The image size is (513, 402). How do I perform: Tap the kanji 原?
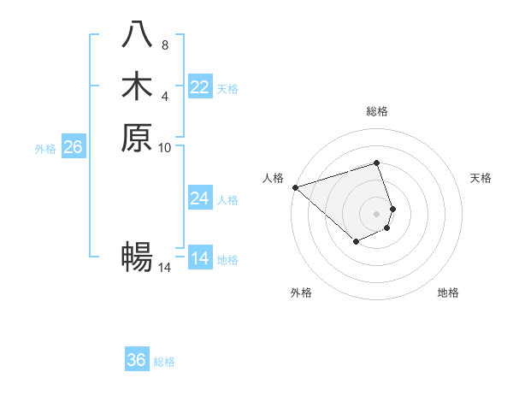[x=137, y=137]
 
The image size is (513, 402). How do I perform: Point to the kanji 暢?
[x=137, y=256]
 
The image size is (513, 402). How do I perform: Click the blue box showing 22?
[x=200, y=87]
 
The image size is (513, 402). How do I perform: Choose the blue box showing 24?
[x=200, y=198]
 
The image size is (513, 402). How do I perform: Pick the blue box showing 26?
[x=73, y=147]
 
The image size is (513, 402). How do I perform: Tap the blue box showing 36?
[x=137, y=360]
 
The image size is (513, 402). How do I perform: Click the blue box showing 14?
[x=200, y=258]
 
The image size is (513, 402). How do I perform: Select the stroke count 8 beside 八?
[x=165, y=44]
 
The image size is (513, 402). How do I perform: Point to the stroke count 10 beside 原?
[x=165, y=147]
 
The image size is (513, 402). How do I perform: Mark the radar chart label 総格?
[x=377, y=111]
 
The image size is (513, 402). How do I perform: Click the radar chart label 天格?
[x=481, y=178]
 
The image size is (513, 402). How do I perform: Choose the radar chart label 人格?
[x=273, y=178]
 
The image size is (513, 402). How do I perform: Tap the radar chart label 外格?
[x=301, y=293]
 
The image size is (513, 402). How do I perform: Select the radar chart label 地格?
[x=448, y=293]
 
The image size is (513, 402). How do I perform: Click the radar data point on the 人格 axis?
[x=295, y=187]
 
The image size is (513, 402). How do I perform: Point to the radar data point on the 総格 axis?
[x=377, y=163]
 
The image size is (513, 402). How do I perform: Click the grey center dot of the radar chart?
[x=377, y=214]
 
